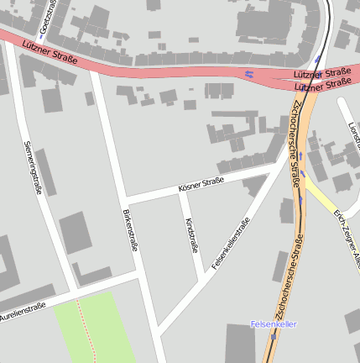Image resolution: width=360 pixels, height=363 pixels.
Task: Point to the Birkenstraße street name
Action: point(128,231)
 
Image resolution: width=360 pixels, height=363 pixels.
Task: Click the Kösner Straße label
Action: point(201,185)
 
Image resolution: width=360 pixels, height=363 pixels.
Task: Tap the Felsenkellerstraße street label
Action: point(231,244)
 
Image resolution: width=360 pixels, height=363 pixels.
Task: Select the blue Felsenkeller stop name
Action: point(274,324)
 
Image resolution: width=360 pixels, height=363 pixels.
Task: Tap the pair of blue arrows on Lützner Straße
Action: point(249,74)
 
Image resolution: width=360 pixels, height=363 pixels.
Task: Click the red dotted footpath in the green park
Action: point(84,328)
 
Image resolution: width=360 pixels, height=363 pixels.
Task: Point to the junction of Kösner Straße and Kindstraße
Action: point(181,195)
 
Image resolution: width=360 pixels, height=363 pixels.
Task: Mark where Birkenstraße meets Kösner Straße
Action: point(124,202)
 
